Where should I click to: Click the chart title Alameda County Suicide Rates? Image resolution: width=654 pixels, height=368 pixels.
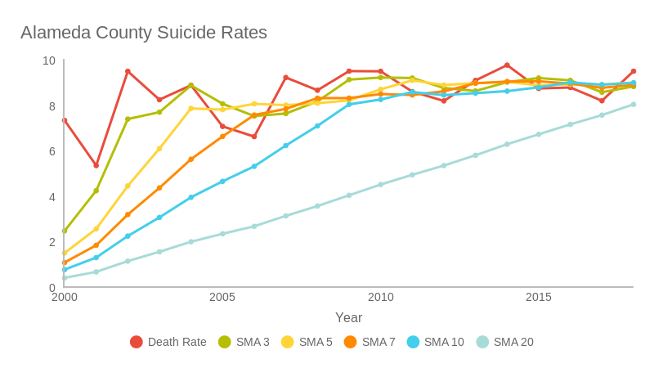pyautogui.click(x=144, y=33)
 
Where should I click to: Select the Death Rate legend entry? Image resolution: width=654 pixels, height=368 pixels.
pyautogui.click(x=168, y=342)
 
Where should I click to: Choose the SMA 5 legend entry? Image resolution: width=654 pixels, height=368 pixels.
pyautogui.click(x=307, y=342)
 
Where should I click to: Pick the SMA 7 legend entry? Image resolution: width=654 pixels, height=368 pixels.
pyautogui.click(x=370, y=342)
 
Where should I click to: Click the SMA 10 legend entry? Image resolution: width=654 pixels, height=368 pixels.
pyautogui.click(x=435, y=342)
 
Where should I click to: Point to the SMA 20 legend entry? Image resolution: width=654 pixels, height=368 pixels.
pyautogui.click(x=504, y=342)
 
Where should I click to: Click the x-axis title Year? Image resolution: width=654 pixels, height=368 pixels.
pyautogui.click(x=348, y=318)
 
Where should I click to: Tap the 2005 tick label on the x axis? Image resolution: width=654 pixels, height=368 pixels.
pyautogui.click(x=222, y=297)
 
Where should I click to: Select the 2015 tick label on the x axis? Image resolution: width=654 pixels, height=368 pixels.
pyautogui.click(x=539, y=297)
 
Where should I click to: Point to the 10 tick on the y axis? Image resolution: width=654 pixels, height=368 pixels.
pyautogui.click(x=49, y=61)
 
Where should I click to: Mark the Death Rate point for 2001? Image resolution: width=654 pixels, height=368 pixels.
pyautogui.click(x=96, y=165)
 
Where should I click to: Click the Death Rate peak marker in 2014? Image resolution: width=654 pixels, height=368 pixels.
pyautogui.click(x=507, y=65)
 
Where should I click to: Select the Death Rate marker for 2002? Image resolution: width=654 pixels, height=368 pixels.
pyautogui.click(x=128, y=71)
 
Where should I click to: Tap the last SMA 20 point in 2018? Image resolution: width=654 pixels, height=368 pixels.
pyautogui.click(x=634, y=105)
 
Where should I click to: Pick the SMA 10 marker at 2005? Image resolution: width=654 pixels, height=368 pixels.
pyautogui.click(x=222, y=182)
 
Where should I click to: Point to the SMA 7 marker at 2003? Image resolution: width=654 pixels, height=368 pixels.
pyautogui.click(x=159, y=188)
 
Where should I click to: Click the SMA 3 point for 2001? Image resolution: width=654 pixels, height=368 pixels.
pyautogui.click(x=96, y=191)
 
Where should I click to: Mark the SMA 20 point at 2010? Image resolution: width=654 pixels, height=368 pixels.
pyautogui.click(x=380, y=185)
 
